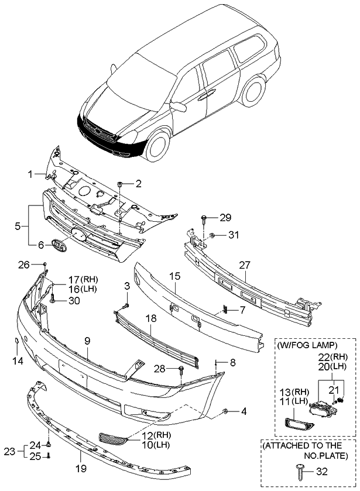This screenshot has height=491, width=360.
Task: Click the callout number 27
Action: click(x=245, y=264)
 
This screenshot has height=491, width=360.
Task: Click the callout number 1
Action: click(x=30, y=174)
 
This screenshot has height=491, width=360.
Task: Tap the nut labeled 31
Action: click(x=213, y=235)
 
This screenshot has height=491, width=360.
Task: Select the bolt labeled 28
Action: click(x=182, y=369)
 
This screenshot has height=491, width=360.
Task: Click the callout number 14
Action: click(x=18, y=361)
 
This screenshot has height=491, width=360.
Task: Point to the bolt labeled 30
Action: click(x=53, y=300)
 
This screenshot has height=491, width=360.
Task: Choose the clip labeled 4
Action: click(x=226, y=413)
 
